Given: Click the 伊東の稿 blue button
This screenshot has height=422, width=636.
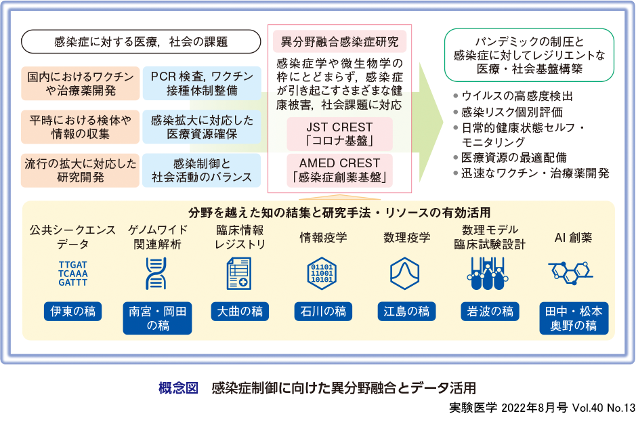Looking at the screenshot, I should [72, 312].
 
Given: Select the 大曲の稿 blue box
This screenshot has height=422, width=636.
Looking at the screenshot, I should [239, 312].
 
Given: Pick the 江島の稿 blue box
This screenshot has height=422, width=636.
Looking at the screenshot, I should [406, 312].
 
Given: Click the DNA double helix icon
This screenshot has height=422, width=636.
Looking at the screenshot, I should [156, 274].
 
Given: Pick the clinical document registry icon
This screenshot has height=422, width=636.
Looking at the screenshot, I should [238, 274].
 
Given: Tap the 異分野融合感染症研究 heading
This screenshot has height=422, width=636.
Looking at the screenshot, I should [339, 41].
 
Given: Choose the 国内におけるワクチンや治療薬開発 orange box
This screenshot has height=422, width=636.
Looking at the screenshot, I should [80, 83].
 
